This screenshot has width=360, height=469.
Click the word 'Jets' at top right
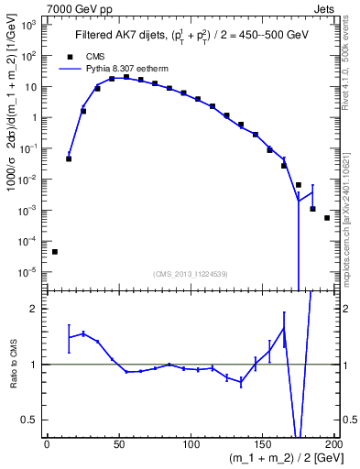click(x=325, y=7)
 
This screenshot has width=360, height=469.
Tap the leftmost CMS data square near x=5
click(x=54, y=252)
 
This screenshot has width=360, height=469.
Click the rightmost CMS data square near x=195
click(x=327, y=218)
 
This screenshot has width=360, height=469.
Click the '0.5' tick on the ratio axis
click(x=29, y=420)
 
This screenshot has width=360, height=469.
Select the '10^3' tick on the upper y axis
click(x=27, y=25)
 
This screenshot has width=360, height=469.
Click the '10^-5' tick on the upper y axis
click(x=27, y=271)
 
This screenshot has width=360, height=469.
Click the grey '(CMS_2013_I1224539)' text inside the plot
click(x=190, y=273)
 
